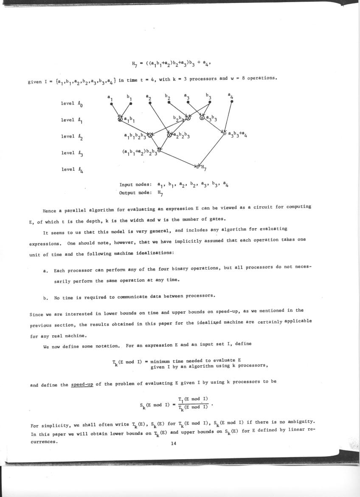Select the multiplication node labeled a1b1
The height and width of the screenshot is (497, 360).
[120, 119]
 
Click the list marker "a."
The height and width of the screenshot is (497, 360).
[45, 271]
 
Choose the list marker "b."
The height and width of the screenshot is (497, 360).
[45, 296]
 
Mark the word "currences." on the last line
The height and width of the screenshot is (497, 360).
[44, 442]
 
